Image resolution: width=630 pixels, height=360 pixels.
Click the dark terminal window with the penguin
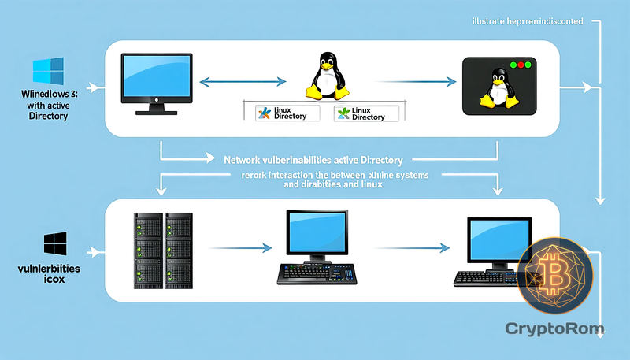click(499, 84)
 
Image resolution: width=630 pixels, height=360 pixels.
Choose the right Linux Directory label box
click(365, 113)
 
